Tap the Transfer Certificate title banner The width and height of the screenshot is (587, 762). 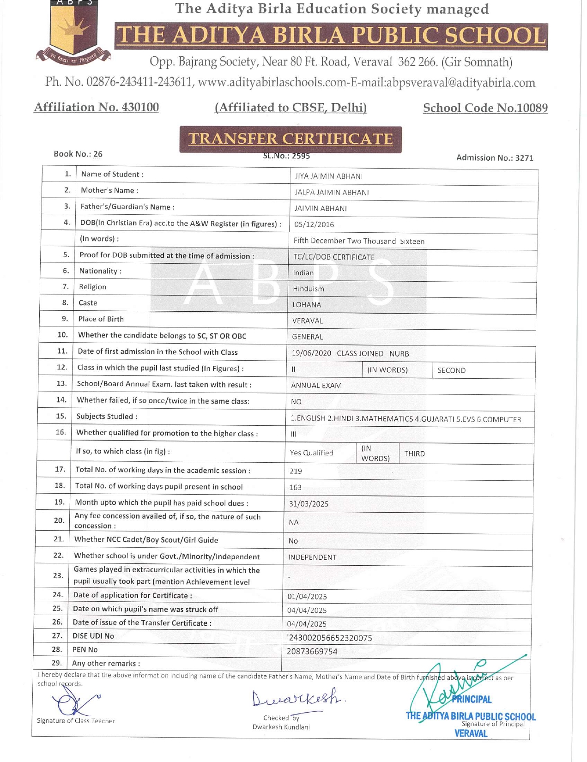pos(290,139)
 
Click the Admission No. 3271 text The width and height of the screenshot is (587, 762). pos(495,158)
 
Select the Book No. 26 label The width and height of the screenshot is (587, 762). pos(78,154)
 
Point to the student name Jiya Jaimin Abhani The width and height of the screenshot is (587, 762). pos(328,176)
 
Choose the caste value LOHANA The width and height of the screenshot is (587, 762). pos(307,305)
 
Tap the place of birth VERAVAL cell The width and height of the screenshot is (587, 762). pos(308,321)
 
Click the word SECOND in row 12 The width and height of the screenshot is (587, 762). pos(451,370)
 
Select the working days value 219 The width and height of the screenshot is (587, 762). pos(296,471)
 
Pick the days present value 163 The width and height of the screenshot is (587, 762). pos(295,487)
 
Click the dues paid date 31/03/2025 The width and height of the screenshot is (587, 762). pos(309,504)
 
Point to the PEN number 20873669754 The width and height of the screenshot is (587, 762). pos(312,652)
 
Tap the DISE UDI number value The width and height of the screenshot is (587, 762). pos(329,638)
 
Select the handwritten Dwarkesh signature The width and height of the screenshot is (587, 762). pos(298,699)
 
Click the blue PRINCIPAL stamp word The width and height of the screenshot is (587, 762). pos(471,699)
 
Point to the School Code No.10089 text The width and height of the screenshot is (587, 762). pos(485,108)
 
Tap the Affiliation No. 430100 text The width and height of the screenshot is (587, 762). pos(96,107)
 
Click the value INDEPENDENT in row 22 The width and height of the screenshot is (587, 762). pos(312,557)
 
